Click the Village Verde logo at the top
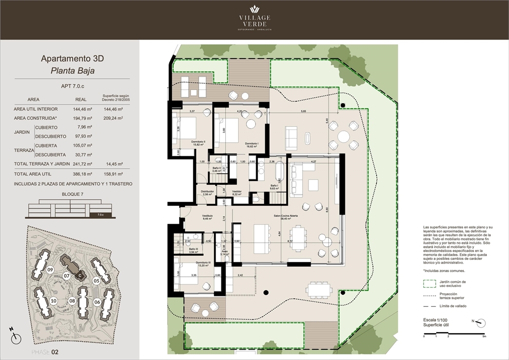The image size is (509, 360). click(x=255, y=18)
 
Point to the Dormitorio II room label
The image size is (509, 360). click(x=199, y=142)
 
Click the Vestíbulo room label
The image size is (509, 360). click(x=193, y=216)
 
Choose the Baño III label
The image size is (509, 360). click(x=193, y=249)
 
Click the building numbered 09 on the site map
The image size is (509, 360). click(x=50, y=270)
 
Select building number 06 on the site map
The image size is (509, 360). click(x=97, y=302)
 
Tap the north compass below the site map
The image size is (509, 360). click(x=16, y=336)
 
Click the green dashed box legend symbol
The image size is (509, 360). click(x=429, y=283)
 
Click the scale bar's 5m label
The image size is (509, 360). click(x=484, y=336)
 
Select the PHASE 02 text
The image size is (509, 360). click(x=45, y=352)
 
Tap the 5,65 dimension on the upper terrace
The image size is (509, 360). click(x=303, y=111)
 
